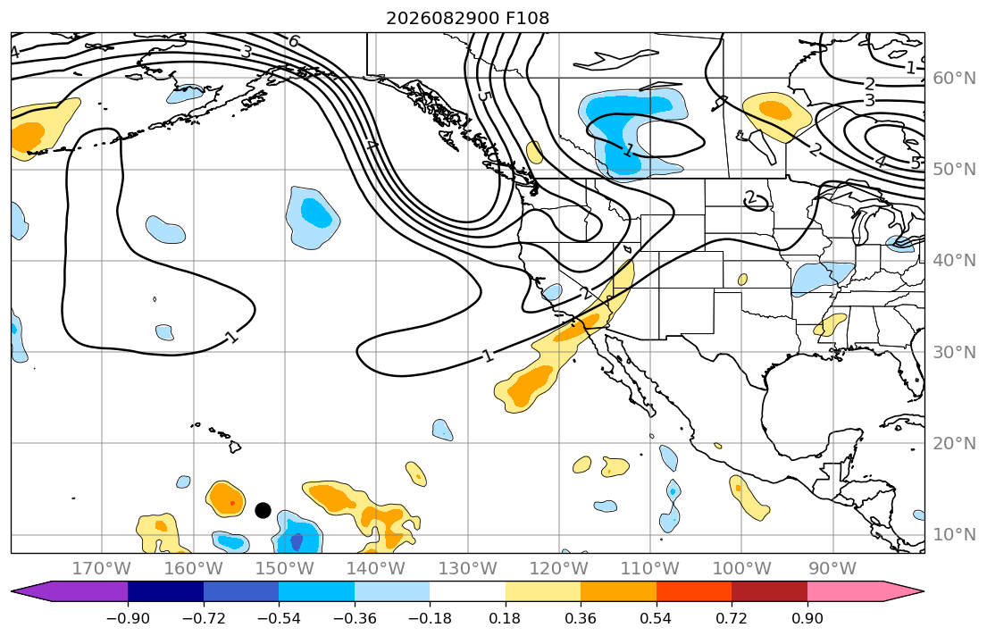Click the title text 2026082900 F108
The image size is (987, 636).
[467, 18]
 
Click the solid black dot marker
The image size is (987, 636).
[263, 510]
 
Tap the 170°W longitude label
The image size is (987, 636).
[102, 569]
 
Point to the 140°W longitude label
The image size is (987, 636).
[376, 569]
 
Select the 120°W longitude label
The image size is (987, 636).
[559, 569]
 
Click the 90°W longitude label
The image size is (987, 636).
[832, 569]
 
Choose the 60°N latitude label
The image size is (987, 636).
[954, 78]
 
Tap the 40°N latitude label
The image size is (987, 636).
[954, 260]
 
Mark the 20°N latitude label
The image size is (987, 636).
[954, 443]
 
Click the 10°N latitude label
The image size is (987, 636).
[954, 534]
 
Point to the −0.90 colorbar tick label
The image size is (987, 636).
[128, 618]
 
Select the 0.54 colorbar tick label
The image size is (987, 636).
[656, 618]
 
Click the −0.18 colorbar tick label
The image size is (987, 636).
[430, 618]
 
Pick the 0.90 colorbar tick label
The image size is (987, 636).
[807, 618]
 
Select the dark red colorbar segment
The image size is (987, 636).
[769, 592]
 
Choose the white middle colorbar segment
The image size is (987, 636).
[468, 592]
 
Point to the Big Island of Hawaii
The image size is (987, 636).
[235, 447]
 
